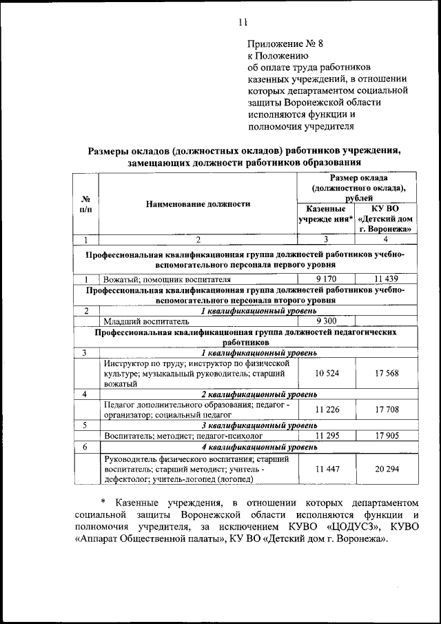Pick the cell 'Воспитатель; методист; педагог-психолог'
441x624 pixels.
tap(183, 436)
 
